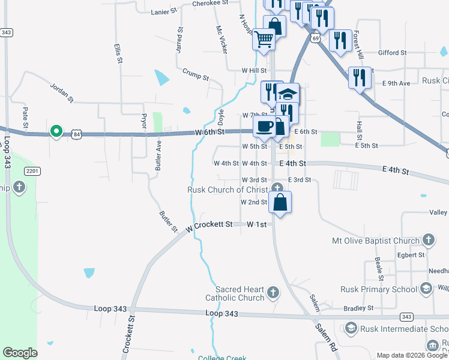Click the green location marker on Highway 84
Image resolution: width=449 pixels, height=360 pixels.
coord(56,130)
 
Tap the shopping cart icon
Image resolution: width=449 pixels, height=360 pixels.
coord(264,40)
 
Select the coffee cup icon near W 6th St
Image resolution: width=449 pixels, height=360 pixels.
coord(264,126)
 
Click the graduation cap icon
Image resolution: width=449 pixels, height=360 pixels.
coord(288,94)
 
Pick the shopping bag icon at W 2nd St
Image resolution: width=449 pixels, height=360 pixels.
coord(280,202)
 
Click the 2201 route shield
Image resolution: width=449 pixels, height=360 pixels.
coord(32,172)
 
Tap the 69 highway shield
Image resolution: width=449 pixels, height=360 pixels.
coord(315,38)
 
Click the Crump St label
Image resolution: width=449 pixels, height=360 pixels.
coord(196,74)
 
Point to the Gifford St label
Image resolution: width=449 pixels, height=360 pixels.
coord(392,53)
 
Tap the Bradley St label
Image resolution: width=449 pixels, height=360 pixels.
coord(358,308)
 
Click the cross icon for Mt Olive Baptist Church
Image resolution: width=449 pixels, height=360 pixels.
coord(427,240)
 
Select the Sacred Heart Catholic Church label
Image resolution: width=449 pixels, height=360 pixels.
coord(235,293)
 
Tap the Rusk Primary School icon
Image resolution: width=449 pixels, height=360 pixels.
coord(426,289)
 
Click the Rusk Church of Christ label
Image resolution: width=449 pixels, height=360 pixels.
coord(228,190)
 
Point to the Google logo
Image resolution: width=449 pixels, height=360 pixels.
coord(20,353)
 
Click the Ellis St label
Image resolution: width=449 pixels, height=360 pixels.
coord(118,53)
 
